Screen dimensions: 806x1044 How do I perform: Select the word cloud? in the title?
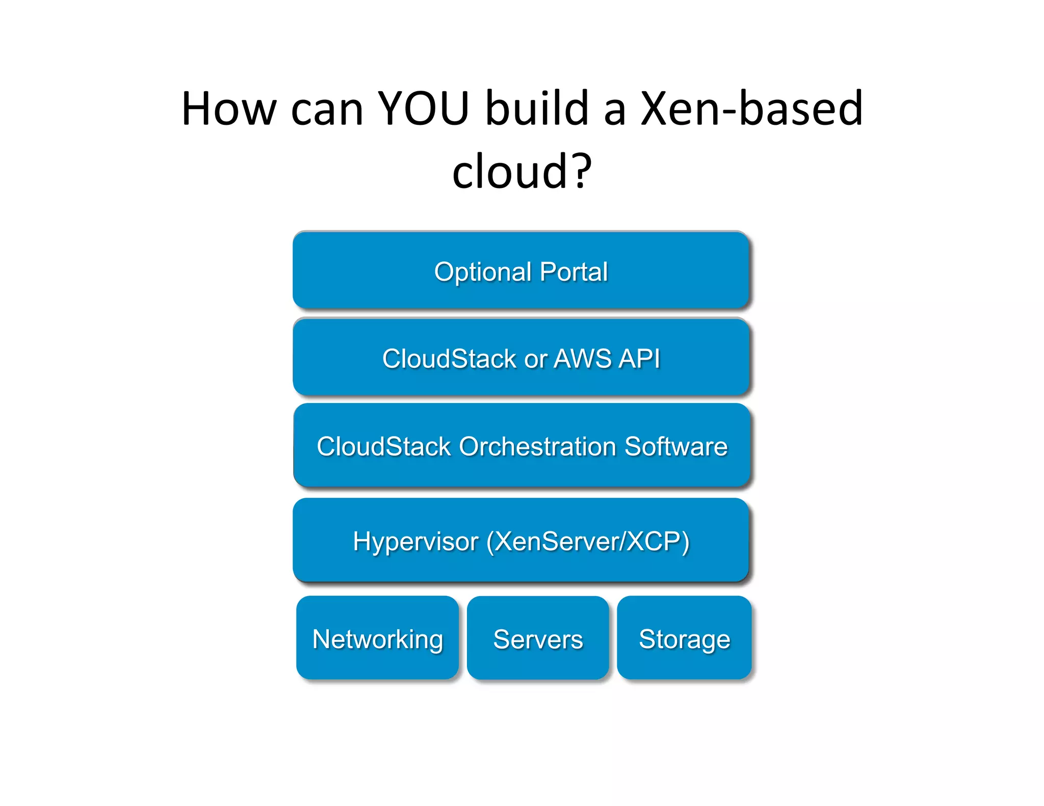pos(522,172)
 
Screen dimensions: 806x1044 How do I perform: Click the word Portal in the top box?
pos(573,272)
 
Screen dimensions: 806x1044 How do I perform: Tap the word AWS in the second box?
pos(581,359)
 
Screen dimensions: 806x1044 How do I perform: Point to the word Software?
pos(676,447)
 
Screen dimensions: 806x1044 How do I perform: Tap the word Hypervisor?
pos(415,542)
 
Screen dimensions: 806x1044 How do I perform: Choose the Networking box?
pos(377,638)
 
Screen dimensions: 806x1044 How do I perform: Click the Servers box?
pos(538,638)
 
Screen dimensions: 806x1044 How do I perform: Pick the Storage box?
pos(684,638)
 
